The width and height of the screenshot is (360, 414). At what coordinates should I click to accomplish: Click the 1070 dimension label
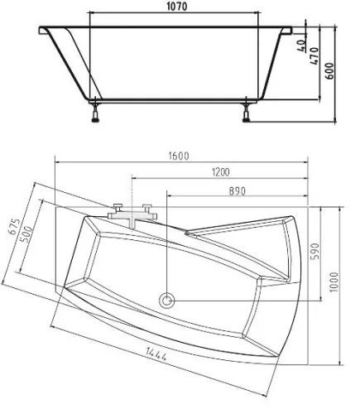click(x=177, y=7)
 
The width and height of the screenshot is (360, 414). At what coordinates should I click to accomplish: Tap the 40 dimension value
click(x=302, y=46)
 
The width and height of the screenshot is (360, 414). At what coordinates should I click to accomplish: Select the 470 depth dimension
click(x=314, y=56)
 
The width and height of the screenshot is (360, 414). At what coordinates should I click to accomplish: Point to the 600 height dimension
click(x=330, y=71)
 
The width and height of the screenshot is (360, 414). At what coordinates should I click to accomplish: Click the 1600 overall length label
click(x=179, y=156)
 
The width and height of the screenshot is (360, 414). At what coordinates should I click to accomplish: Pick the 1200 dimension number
click(x=221, y=172)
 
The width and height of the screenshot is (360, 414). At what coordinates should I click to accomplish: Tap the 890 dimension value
click(x=238, y=191)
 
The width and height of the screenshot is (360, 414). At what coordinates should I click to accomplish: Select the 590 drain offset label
click(x=314, y=251)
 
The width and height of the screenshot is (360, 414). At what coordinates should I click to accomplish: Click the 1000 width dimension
click(x=334, y=282)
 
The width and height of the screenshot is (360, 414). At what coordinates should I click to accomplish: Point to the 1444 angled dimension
click(x=156, y=354)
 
